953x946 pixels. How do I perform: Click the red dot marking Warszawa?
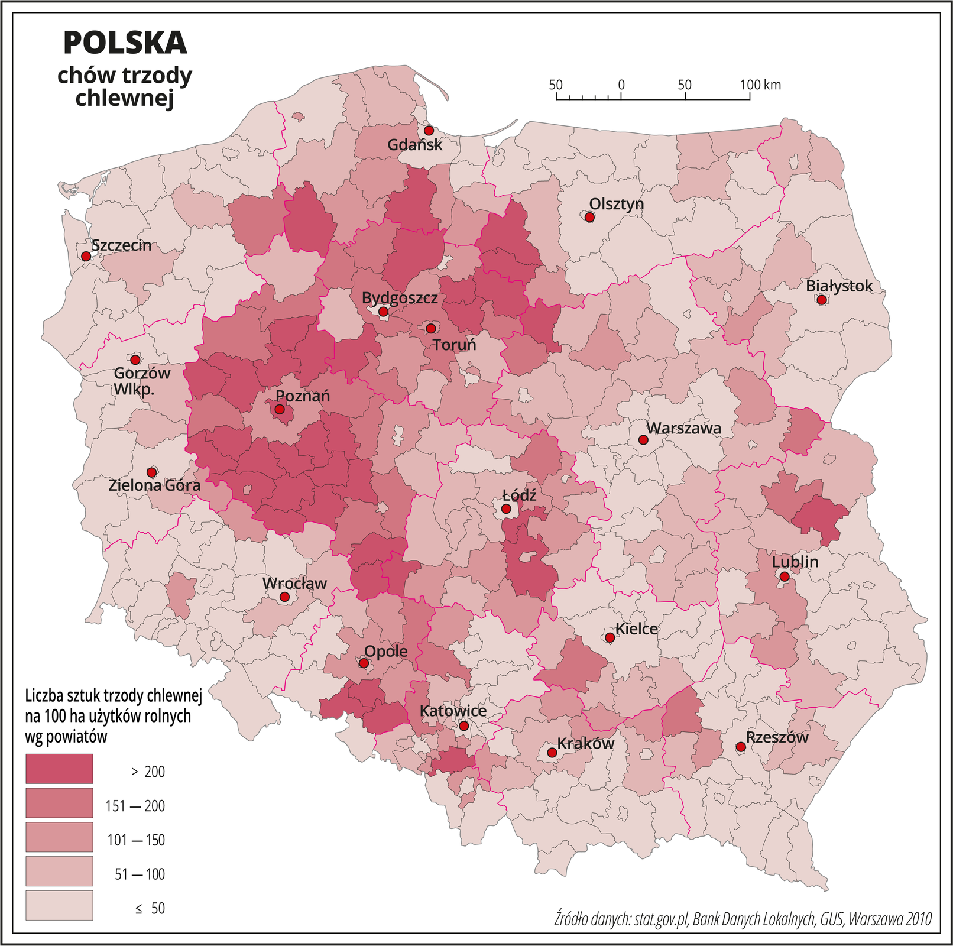pyautogui.click(x=643, y=440)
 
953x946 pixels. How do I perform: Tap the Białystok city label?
pyautogui.click(x=839, y=286)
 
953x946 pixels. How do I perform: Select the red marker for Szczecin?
pyautogui.click(x=86, y=256)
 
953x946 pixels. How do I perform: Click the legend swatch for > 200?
pyautogui.click(x=59, y=769)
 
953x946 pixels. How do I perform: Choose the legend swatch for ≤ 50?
pyautogui.click(x=59, y=905)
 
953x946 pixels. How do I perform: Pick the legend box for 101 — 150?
pyautogui.click(x=59, y=837)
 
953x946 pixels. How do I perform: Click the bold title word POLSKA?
pyautogui.click(x=125, y=43)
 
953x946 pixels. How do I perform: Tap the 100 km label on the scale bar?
pyautogui.click(x=760, y=85)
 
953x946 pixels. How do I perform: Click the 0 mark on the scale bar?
pyautogui.click(x=621, y=85)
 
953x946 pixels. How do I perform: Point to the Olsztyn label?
pyautogui.click(x=616, y=204)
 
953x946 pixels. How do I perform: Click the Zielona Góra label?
pyautogui.click(x=154, y=485)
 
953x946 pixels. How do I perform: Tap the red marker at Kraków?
pyautogui.click(x=551, y=753)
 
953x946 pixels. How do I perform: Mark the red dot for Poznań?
pyautogui.click(x=280, y=409)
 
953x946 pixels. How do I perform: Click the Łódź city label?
pyautogui.click(x=518, y=495)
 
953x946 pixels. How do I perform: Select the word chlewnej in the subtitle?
pyautogui.click(x=125, y=98)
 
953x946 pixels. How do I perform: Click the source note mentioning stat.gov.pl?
pyautogui.click(x=743, y=919)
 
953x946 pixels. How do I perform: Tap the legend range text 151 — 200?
pyautogui.click(x=135, y=806)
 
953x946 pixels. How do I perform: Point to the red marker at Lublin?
pyautogui.click(x=784, y=576)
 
